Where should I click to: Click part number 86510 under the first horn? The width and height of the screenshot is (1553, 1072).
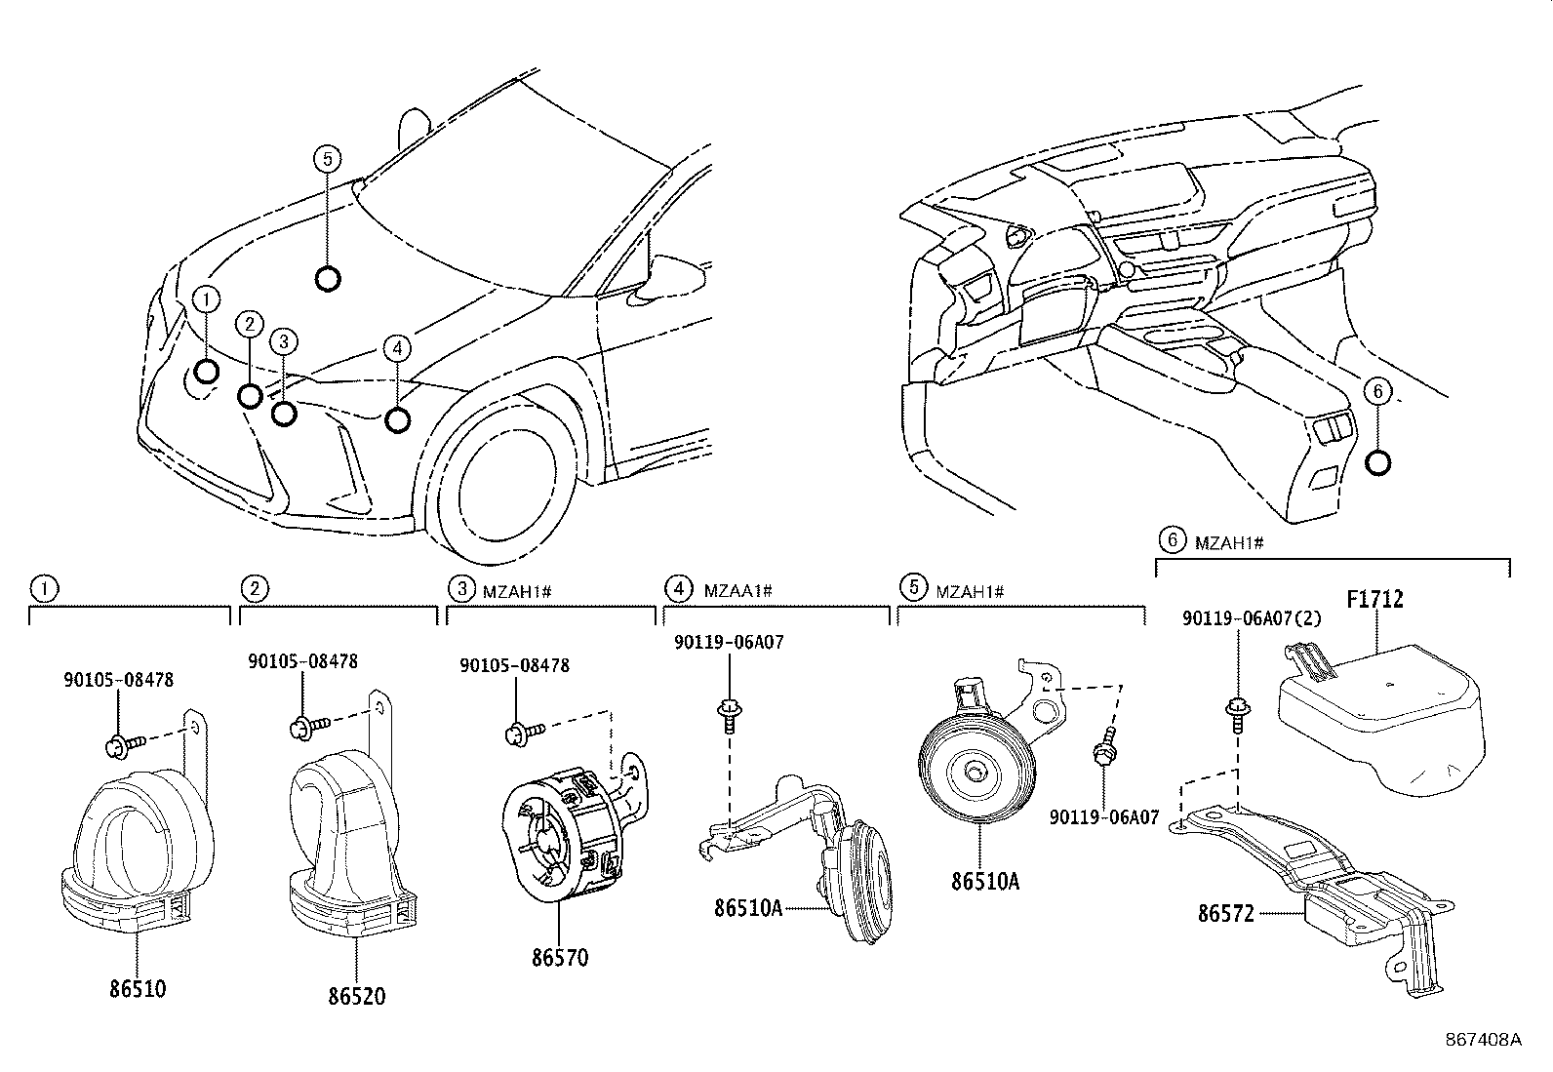(x=138, y=989)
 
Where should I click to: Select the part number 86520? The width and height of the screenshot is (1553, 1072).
(x=356, y=996)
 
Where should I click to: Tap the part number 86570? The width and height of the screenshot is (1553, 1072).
(x=560, y=958)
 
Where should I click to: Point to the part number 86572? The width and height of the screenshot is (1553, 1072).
(x=1226, y=914)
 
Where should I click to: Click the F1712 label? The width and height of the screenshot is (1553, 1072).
(x=1374, y=599)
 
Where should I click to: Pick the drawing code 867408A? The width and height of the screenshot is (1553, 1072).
(x=1483, y=1040)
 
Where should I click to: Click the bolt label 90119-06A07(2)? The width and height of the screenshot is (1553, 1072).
(x=1252, y=617)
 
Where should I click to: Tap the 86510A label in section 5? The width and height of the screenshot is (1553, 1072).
(x=985, y=882)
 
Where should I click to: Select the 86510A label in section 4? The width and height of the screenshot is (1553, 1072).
(x=748, y=908)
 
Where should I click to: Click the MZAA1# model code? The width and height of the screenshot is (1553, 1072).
(x=737, y=591)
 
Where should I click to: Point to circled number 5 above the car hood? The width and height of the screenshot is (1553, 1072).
(x=327, y=159)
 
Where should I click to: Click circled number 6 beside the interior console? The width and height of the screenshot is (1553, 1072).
(x=1377, y=392)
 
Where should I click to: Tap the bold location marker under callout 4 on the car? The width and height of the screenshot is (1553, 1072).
(x=397, y=420)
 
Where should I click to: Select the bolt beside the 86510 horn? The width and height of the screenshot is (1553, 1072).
(x=125, y=744)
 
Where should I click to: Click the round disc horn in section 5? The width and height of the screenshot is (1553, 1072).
(x=976, y=769)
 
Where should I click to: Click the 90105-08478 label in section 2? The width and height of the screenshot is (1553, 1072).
(x=303, y=661)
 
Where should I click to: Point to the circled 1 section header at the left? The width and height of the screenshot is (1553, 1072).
(x=44, y=589)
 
